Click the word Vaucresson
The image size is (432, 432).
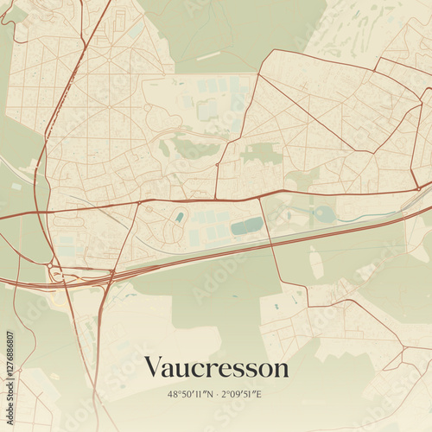216,367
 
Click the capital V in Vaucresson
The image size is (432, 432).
154,367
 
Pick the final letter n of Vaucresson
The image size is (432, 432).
281,369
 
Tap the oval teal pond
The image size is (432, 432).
323,213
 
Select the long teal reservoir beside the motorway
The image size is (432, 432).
247,226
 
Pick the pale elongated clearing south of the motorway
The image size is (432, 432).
316,261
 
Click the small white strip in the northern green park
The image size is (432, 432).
207,57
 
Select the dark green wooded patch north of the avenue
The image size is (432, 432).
259,156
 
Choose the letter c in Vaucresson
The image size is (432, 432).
197,369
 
